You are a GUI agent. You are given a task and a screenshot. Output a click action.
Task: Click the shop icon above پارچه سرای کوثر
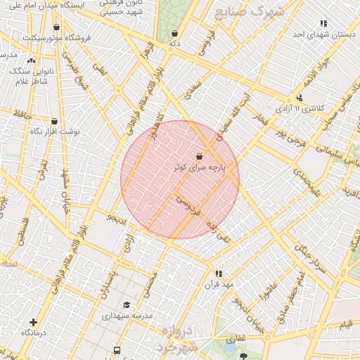click(x=200, y=157)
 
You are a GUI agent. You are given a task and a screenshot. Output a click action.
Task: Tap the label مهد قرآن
click(x=219, y=285)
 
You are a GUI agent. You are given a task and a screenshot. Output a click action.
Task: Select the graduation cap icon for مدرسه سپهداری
click(x=127, y=304)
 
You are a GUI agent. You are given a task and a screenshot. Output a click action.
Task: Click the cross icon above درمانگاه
click(x=33, y=321)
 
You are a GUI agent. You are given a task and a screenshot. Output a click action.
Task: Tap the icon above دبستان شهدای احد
click(x=323, y=24)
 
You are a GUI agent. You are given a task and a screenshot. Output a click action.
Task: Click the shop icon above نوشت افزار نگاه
click(x=54, y=121)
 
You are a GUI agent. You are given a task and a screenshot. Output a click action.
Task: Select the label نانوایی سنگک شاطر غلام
click(x=28, y=76)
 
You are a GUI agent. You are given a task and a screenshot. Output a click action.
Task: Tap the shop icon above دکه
click(x=174, y=33)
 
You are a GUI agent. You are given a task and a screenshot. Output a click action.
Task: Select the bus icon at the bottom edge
click(x=117, y=349)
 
